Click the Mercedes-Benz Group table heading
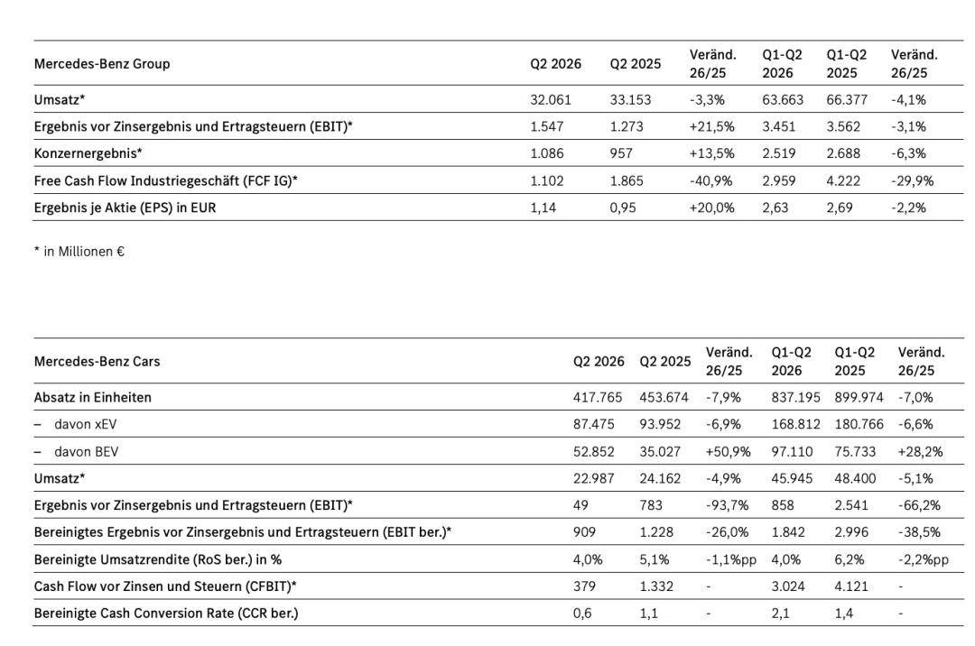[102, 64]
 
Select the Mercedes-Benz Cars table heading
[97, 362]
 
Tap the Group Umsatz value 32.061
[551, 100]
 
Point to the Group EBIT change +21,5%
[712, 126]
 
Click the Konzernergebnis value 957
[621, 153]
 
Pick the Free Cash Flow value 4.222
[843, 180]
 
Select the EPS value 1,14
[543, 208]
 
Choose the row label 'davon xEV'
[85, 425]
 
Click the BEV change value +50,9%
[729, 452]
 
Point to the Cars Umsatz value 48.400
[855, 479]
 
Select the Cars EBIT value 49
[580, 505]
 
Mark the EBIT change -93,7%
[727, 505]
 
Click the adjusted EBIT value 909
[584, 532]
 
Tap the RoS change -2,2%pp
[924, 559]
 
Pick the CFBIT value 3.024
[788, 586]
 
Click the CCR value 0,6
[582, 614]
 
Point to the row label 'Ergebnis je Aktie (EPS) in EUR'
[125, 208]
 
